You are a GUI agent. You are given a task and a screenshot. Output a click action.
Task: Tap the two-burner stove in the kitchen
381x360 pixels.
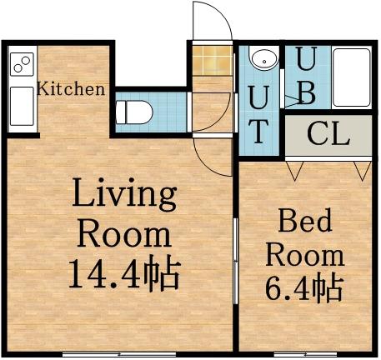[x=23, y=62]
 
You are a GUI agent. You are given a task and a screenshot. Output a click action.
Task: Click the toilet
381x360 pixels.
[x=132, y=110]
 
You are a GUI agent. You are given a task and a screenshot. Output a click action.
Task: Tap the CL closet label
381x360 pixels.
[x=328, y=135]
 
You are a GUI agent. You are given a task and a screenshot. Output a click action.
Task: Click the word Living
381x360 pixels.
[x=125, y=197]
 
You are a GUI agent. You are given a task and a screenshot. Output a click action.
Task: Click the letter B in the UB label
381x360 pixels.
[x=306, y=92]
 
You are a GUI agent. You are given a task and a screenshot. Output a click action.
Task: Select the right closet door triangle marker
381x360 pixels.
[x=361, y=171]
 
